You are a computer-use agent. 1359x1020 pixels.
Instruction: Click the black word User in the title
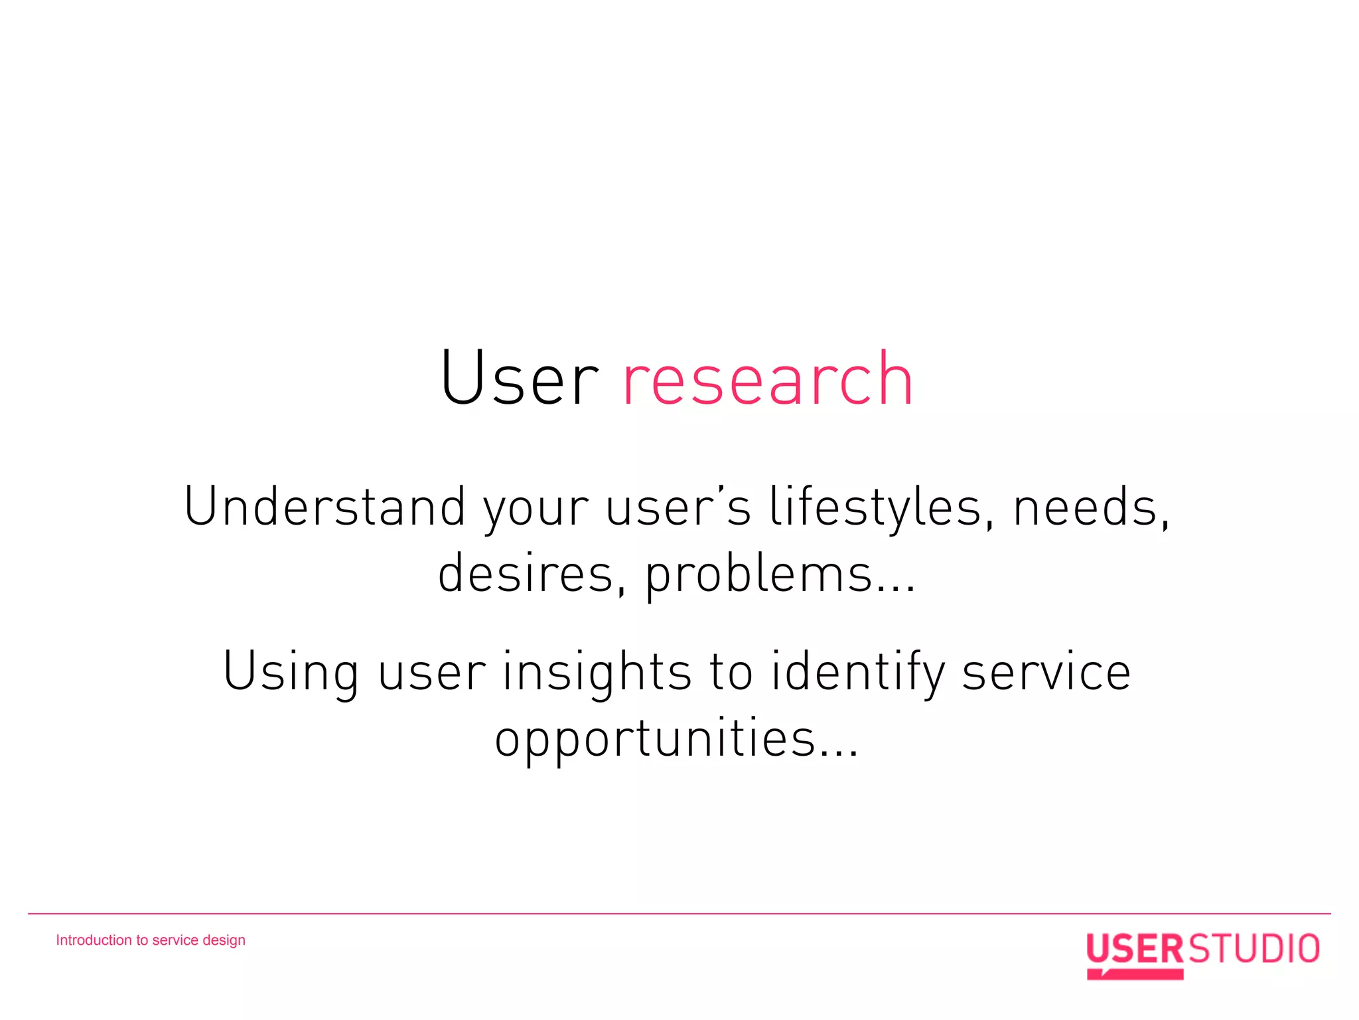(x=519, y=379)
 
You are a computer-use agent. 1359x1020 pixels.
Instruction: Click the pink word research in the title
(x=768, y=380)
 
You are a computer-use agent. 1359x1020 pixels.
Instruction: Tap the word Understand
(x=324, y=507)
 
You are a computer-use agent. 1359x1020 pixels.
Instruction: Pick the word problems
(x=758, y=575)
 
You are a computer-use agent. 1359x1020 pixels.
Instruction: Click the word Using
(x=291, y=672)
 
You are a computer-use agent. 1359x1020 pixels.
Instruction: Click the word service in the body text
(x=1046, y=672)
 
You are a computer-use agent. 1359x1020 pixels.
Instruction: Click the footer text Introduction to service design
(x=151, y=940)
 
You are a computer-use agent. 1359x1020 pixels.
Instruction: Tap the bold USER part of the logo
(x=1134, y=948)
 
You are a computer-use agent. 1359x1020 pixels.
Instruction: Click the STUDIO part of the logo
(x=1253, y=948)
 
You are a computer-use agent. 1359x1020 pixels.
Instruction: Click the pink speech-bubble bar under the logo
(x=1135, y=974)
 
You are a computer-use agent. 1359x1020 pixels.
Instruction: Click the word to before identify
(x=731, y=672)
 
